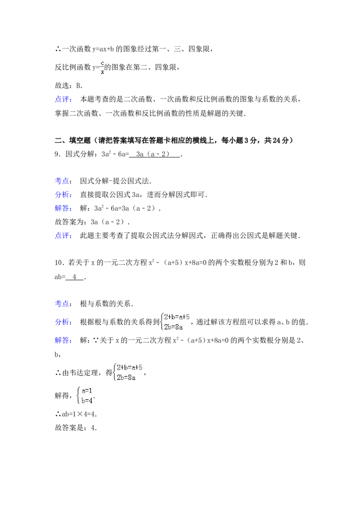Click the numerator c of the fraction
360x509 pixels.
103,63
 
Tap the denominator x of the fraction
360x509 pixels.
103,71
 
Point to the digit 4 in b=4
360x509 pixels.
90,400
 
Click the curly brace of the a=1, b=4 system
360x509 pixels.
78,396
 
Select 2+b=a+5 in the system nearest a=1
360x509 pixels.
130,367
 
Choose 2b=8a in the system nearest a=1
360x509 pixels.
126,377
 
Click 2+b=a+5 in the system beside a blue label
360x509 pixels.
177,317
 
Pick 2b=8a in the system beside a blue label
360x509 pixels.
173,327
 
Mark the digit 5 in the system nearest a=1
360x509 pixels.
140,367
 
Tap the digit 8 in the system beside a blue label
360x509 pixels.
177,327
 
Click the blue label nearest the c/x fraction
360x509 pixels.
63,99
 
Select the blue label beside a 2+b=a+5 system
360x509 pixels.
63,322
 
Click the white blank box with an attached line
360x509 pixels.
164,304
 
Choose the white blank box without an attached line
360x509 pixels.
182,182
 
